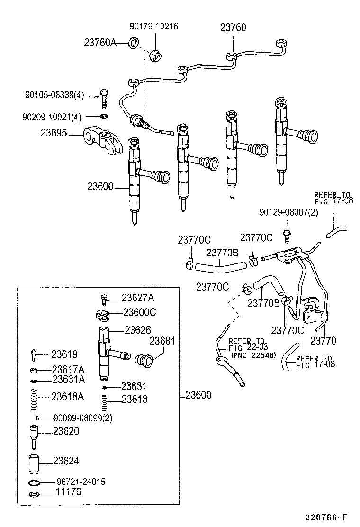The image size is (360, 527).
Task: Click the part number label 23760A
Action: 100,43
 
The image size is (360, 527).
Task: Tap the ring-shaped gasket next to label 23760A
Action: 134,43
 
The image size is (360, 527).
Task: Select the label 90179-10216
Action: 154,26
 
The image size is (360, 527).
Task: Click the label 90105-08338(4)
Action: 54,95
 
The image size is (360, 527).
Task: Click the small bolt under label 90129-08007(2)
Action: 286,234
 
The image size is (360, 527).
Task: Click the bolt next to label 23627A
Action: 105,299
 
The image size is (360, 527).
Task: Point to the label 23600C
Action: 139,312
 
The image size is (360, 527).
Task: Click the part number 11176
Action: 69,492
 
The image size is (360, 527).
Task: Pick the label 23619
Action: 64,354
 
